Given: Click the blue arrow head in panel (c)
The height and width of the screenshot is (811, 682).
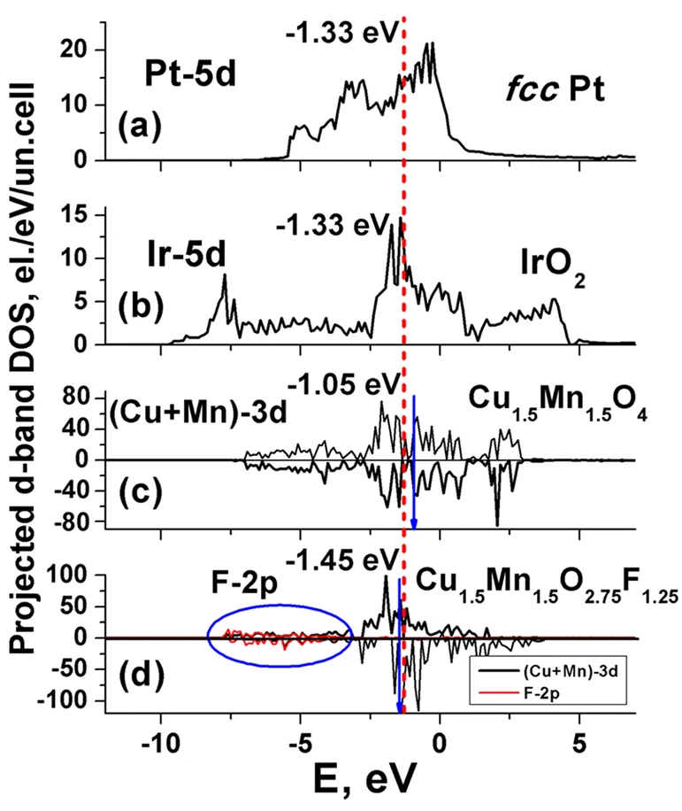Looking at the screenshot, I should point(413,521).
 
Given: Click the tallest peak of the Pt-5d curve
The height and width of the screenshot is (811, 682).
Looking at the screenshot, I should point(431,42).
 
